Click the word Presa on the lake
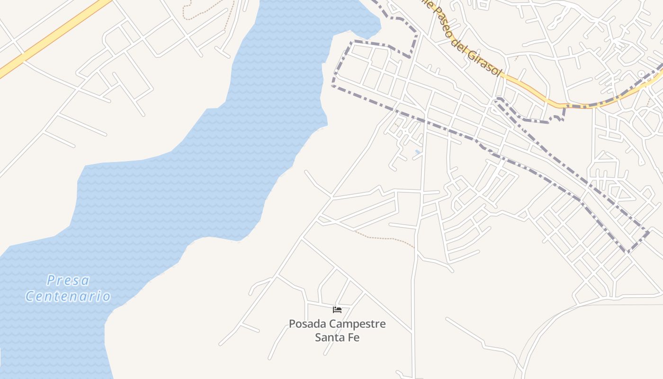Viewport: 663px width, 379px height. tap(68, 280)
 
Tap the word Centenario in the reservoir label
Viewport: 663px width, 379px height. tap(68, 297)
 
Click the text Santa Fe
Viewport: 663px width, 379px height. tap(337, 338)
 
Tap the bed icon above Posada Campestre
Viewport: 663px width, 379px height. tap(337, 310)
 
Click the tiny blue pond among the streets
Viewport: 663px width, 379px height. tap(417, 152)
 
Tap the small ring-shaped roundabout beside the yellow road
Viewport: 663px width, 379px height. tap(642, 74)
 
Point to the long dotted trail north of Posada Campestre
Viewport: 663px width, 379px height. tap(384, 238)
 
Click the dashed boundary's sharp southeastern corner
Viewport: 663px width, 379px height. tap(628, 252)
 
